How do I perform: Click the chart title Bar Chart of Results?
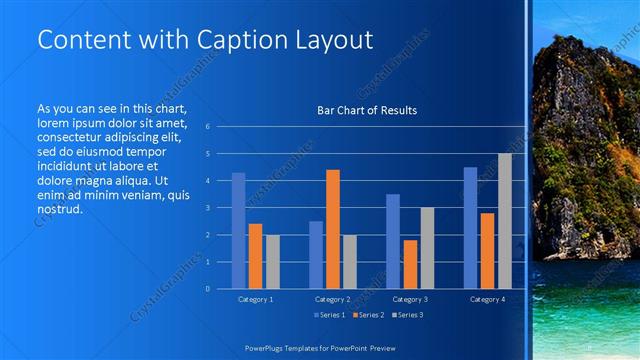point(367,110)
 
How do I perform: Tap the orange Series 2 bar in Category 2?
point(333,229)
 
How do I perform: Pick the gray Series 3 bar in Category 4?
point(504,221)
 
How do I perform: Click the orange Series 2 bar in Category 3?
point(410,264)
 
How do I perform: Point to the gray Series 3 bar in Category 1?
point(273,261)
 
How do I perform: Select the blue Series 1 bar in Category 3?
point(393,241)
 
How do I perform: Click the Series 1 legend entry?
point(329,315)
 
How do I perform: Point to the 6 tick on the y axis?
point(206,127)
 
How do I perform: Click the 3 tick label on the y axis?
point(206,208)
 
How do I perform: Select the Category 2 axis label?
point(333,299)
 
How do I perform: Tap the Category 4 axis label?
point(487,299)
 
